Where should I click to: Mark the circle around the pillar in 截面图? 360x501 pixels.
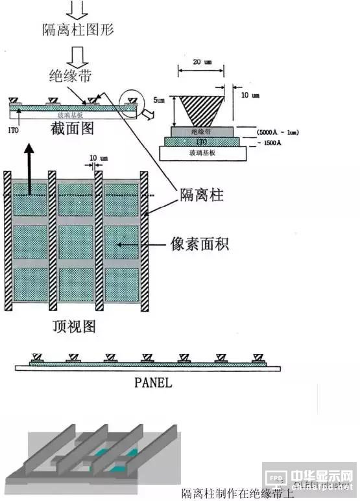134,101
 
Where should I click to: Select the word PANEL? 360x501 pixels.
153,382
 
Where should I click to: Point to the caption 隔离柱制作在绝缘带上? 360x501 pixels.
237,493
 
